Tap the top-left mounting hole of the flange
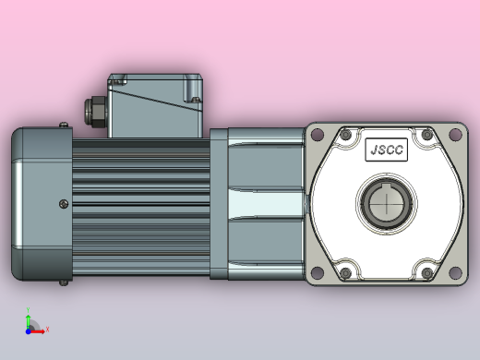(316, 135)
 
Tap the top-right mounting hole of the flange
(454, 135)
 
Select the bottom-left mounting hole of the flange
(316, 273)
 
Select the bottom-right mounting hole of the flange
(454, 273)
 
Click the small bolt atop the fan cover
(62, 126)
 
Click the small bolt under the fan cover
(62, 281)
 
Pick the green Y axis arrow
(29, 314)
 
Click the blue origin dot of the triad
(30, 329)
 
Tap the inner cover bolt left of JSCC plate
(345, 137)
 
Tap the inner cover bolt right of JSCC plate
(426, 137)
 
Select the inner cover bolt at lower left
(345, 272)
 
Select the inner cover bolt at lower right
(426, 272)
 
